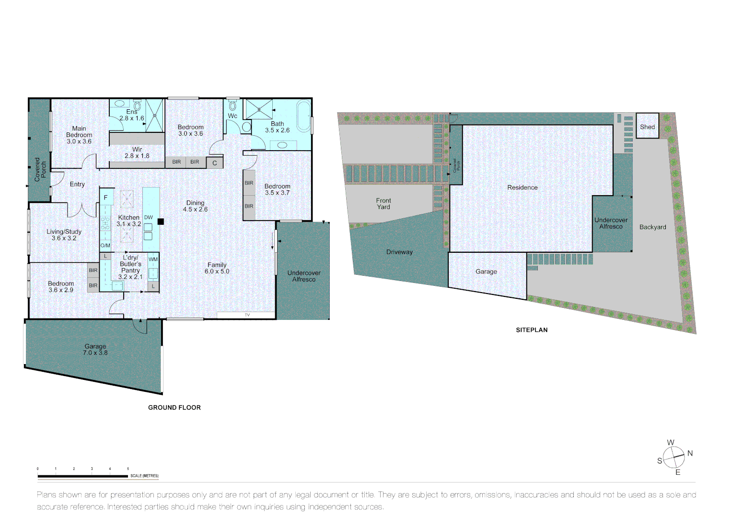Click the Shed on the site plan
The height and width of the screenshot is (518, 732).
[x=647, y=127]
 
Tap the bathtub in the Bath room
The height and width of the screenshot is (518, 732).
[x=303, y=116]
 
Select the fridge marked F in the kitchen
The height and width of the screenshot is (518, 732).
[x=106, y=197]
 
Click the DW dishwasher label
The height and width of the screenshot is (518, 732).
[x=149, y=217]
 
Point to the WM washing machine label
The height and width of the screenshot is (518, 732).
[x=153, y=259]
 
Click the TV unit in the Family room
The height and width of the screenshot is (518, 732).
[x=246, y=315]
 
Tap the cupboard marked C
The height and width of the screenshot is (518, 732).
[x=214, y=163]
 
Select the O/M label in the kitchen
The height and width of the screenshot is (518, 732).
[x=105, y=246]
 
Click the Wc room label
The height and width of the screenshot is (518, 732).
[x=232, y=116]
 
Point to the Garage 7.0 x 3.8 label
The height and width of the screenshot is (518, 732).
[x=95, y=350]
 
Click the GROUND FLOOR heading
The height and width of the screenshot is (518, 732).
[x=174, y=408]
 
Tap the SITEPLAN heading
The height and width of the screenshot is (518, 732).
[x=532, y=330]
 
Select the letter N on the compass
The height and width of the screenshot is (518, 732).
[x=690, y=453]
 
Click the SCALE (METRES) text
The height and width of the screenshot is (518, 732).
[x=144, y=476]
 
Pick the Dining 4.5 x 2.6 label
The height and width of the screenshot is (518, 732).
[x=195, y=206]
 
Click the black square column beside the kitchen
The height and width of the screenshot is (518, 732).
[x=161, y=222]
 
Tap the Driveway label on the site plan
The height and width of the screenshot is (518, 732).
[x=399, y=252]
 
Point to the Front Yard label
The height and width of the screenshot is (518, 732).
[x=383, y=204]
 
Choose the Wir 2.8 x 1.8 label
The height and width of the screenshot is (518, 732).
[x=137, y=153]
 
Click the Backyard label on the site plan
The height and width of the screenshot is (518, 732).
[x=652, y=227]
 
